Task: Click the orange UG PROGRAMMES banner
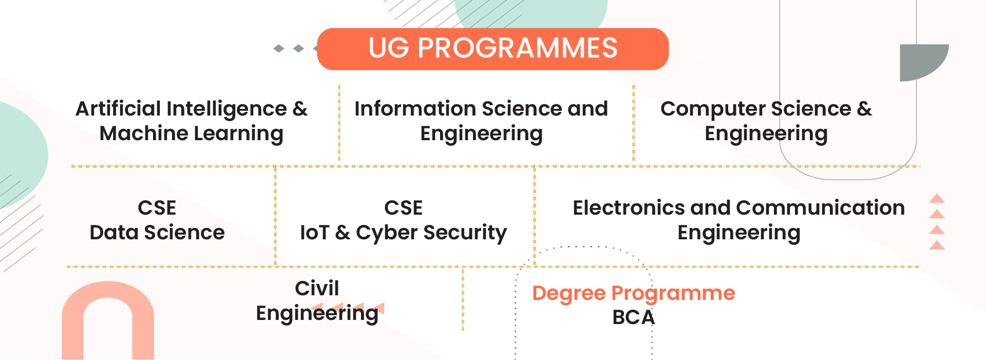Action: (492, 49)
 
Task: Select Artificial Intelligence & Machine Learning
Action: (192, 121)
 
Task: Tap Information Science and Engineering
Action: (481, 121)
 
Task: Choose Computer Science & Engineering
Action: (766, 121)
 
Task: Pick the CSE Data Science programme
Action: (157, 220)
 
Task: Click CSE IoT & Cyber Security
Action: (403, 220)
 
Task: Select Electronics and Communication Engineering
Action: (738, 220)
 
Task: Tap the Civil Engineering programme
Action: (317, 301)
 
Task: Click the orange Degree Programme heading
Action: (633, 293)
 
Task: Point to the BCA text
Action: (633, 317)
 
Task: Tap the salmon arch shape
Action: (108, 318)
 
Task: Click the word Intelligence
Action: (226, 109)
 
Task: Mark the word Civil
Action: (317, 289)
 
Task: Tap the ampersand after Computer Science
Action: (864, 109)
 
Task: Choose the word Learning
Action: (238, 134)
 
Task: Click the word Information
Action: (415, 109)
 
